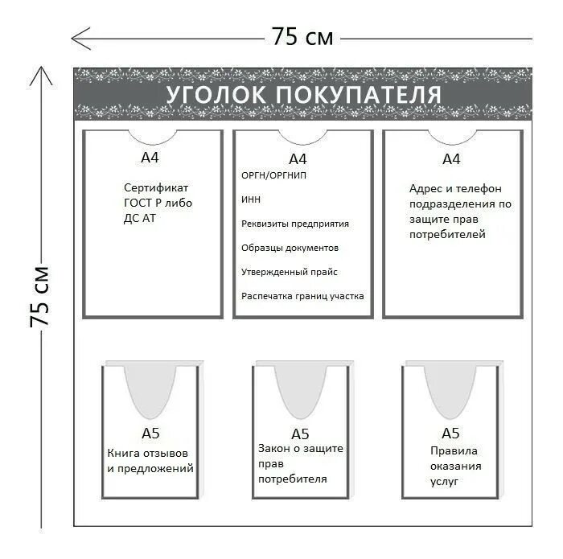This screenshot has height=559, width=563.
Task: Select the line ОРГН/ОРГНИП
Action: click(x=274, y=175)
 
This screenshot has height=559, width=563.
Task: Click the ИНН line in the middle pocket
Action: click(x=251, y=199)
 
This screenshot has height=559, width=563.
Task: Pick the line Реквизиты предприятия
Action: click(x=295, y=224)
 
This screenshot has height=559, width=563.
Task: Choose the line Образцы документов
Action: click(x=290, y=248)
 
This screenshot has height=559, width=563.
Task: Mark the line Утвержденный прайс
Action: click(x=290, y=272)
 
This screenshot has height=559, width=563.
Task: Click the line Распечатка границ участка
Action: click(x=302, y=296)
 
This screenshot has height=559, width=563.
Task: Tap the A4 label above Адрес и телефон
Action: click(x=451, y=158)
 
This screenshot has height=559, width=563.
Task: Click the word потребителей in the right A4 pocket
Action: click(x=447, y=235)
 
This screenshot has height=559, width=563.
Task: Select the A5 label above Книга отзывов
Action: click(x=150, y=434)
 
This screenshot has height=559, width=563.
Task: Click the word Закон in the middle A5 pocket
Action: click(x=273, y=449)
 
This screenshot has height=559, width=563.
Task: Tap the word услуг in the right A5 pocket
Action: click(x=444, y=481)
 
